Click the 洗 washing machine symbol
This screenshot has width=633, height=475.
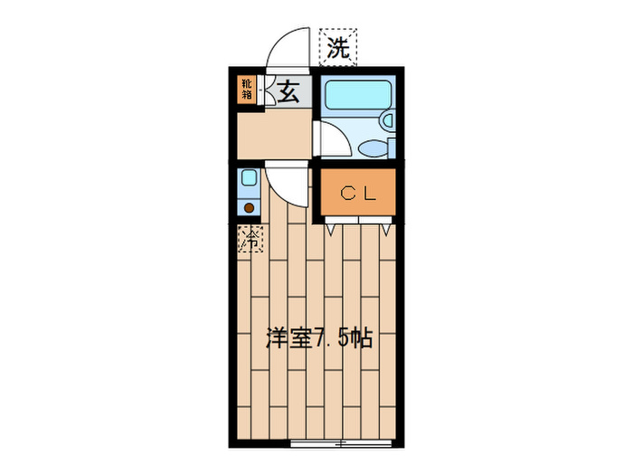point(338,47)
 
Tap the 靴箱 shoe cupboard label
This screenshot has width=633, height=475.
point(247,90)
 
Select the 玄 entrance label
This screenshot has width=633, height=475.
point(288,91)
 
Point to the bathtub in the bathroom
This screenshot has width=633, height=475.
point(358,94)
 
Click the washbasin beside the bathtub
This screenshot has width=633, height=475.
point(388,120)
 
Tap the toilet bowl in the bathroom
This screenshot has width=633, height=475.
point(373,148)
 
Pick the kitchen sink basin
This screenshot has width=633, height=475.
point(249,177)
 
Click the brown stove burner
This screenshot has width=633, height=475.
point(249,208)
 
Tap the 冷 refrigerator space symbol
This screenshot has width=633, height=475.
point(250,239)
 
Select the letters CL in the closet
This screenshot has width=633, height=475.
point(358,195)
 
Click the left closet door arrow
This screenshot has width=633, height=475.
point(331,230)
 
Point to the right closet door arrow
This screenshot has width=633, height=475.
point(386,230)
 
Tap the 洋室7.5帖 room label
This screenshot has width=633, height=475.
point(318,338)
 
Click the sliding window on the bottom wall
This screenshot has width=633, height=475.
point(341,443)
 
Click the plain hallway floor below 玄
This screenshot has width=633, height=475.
point(275,134)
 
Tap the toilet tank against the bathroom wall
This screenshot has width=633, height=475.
point(392,148)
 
